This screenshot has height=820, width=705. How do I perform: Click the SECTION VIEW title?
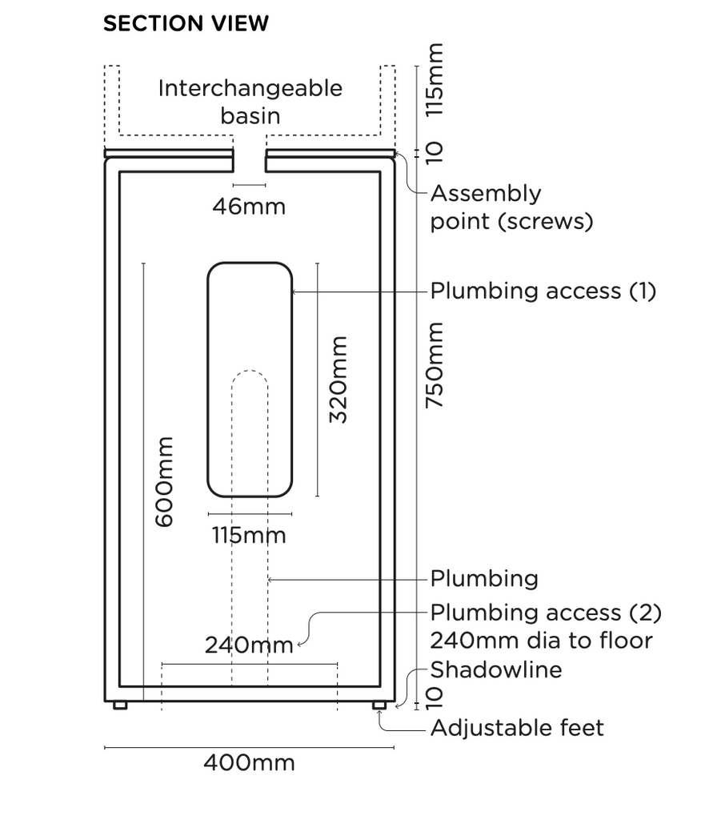point(186,24)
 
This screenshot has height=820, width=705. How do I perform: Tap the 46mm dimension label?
point(249,207)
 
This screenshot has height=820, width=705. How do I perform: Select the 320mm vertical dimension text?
point(338,379)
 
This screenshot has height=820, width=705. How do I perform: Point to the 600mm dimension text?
point(163,481)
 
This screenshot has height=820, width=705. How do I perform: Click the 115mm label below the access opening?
point(249,534)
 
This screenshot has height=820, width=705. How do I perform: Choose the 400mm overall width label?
point(249,762)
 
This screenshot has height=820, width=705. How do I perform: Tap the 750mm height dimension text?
point(435,365)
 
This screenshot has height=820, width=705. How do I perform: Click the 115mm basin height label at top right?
point(435,80)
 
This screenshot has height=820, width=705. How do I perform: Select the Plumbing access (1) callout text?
point(543,291)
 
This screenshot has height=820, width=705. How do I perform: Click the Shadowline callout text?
point(496,669)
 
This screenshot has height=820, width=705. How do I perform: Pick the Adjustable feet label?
point(517,728)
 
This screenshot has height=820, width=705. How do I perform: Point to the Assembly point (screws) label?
point(512,207)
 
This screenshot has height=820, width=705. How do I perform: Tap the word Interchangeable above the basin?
point(250,88)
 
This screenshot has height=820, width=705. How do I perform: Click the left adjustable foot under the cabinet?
point(120,705)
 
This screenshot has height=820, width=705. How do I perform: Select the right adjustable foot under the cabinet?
point(379,705)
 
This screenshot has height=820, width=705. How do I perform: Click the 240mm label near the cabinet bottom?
point(249,645)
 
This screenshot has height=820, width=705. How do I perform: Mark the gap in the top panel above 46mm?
point(250,160)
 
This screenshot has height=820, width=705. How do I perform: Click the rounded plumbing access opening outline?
point(209,379)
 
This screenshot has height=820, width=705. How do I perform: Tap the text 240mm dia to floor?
point(542,641)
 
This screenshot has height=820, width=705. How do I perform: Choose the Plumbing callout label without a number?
point(484,578)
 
